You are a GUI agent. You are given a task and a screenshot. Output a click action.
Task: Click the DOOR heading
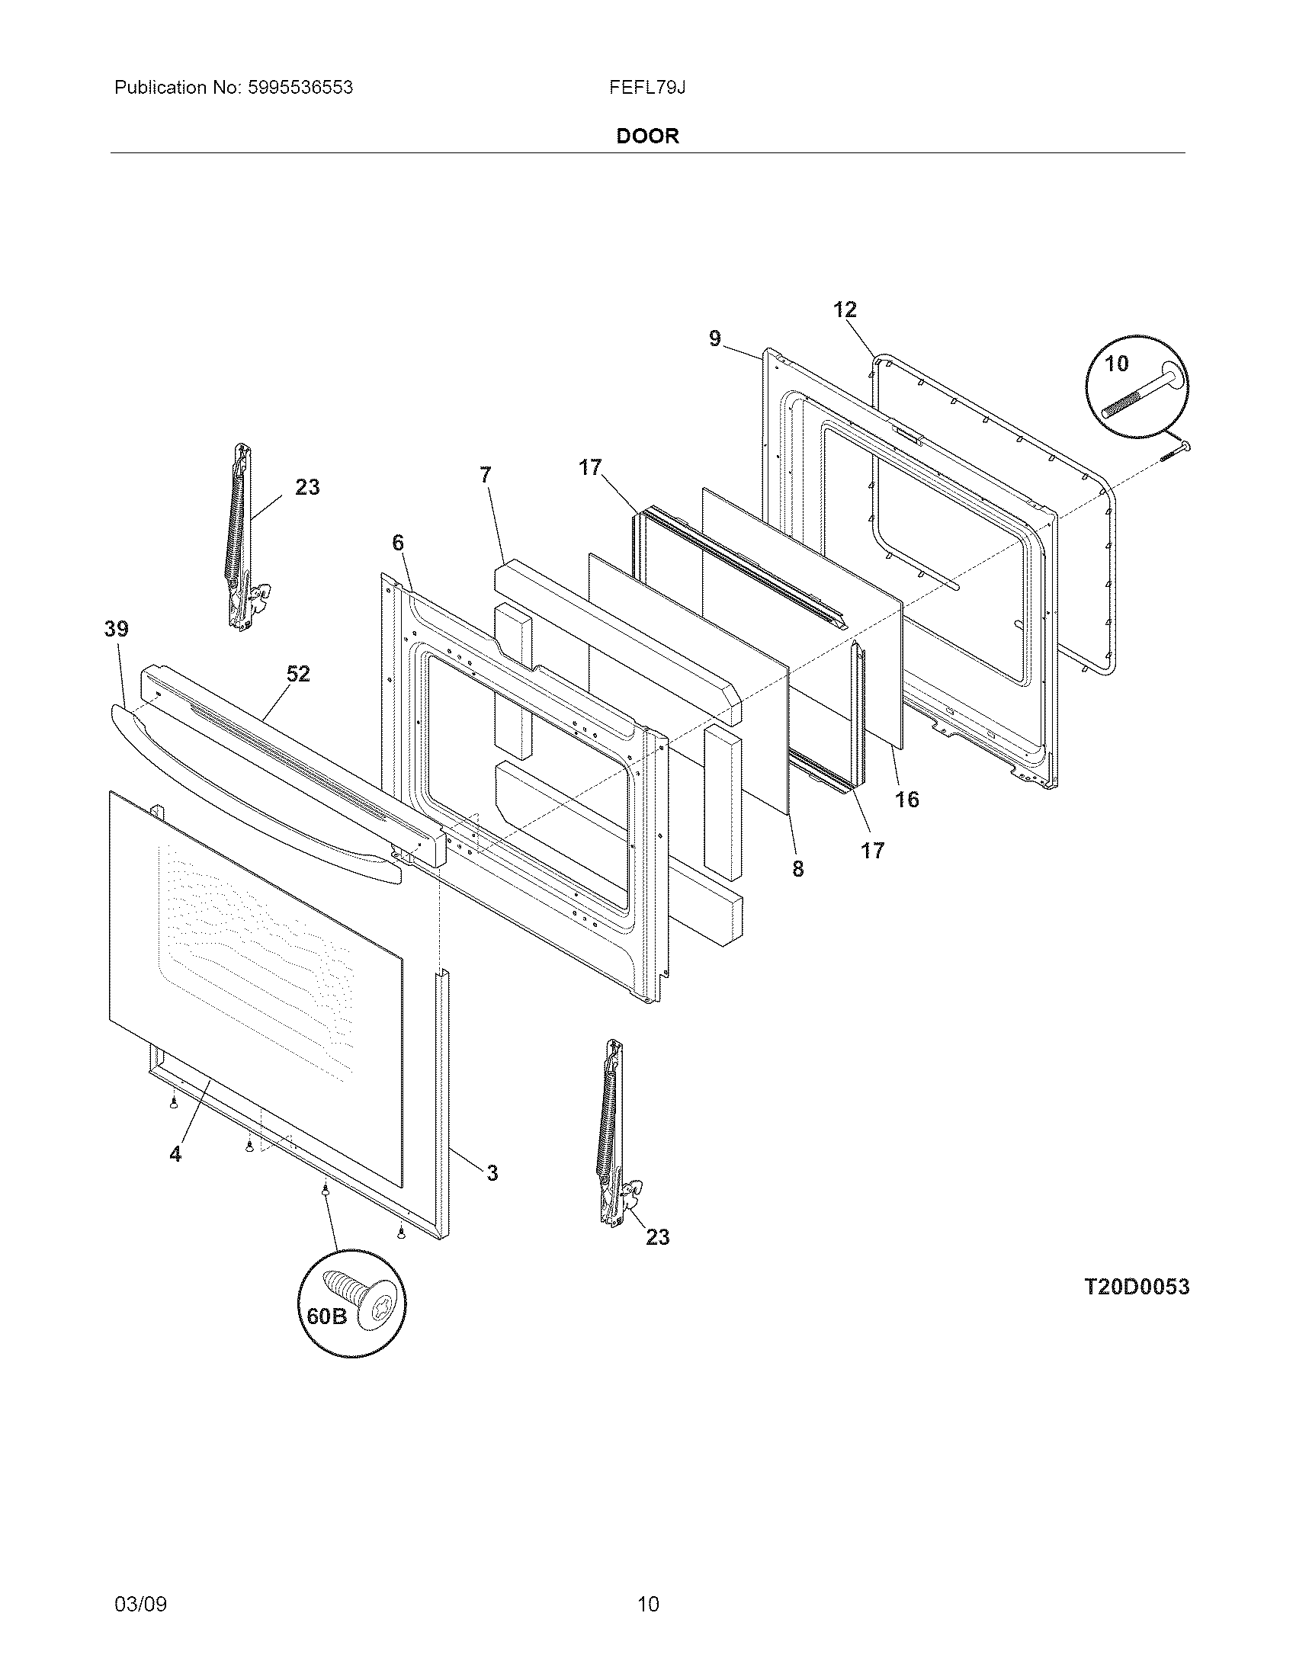(x=647, y=136)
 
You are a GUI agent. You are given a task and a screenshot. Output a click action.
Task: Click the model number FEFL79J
(x=647, y=88)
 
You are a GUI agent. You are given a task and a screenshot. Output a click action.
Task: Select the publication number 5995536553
(x=300, y=88)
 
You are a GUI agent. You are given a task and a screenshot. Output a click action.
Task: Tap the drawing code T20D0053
(x=1137, y=1287)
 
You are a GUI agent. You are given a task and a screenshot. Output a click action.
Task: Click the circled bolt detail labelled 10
(x=1137, y=386)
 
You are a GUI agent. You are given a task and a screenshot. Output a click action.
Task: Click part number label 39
(x=117, y=629)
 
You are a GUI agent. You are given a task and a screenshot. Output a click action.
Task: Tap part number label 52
(x=298, y=673)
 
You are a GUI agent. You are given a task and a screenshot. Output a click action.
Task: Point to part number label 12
(x=845, y=309)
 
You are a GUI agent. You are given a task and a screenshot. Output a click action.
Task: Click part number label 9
(x=715, y=338)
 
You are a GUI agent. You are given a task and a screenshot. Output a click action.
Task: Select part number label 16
(x=906, y=800)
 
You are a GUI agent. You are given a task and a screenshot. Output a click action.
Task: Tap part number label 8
(x=797, y=868)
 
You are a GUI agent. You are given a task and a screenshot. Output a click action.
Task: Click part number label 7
(x=484, y=476)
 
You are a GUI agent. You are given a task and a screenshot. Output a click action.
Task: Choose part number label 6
(x=397, y=543)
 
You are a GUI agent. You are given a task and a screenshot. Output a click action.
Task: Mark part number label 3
(x=492, y=1172)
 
